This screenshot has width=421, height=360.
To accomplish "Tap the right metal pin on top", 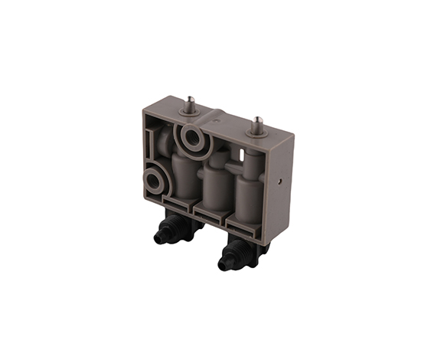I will (x=259, y=123).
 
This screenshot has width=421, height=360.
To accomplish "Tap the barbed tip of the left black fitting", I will (x=158, y=237).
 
